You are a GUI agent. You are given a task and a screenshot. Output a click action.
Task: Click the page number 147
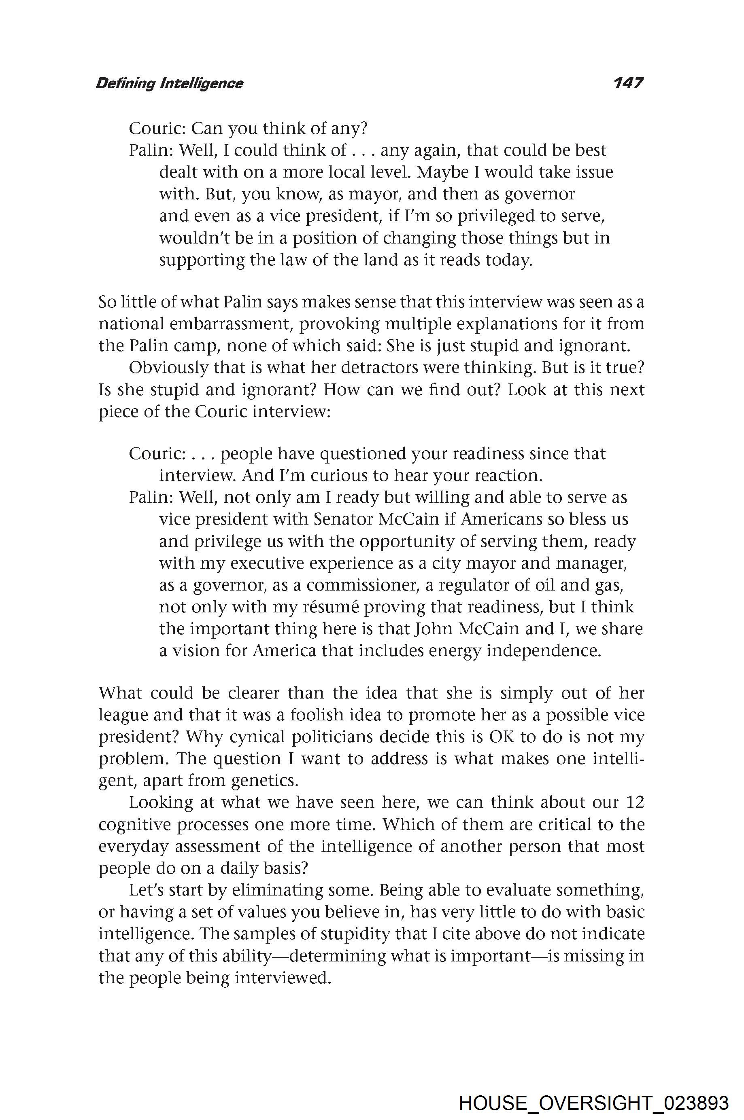tap(628, 83)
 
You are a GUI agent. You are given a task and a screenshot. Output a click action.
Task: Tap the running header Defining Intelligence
tap(169, 83)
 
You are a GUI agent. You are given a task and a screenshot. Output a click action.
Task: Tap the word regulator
tap(480, 585)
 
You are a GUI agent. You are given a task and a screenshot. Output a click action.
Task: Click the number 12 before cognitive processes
tap(635, 802)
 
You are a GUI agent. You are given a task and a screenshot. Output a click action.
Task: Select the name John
tap(434, 629)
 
